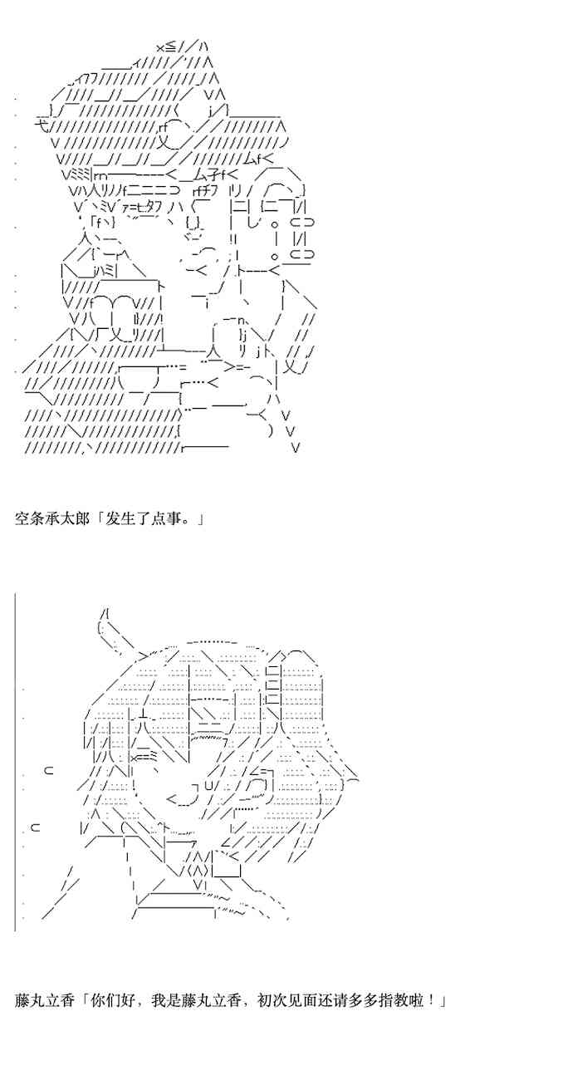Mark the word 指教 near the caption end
(x=395, y=1000)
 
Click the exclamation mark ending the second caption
(x=433, y=1000)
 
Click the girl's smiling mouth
(x=183, y=799)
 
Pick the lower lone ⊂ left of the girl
(x=36, y=827)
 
